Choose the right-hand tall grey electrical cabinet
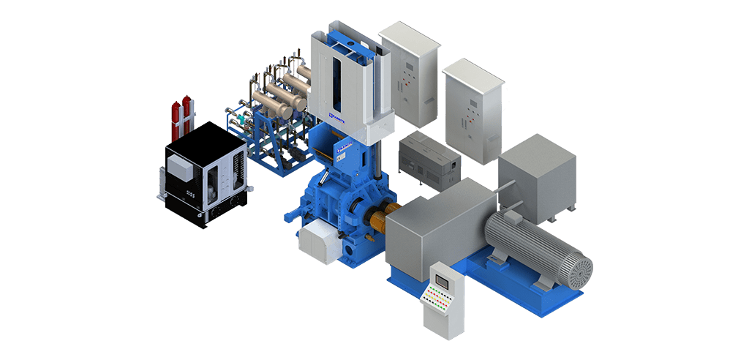473,110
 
